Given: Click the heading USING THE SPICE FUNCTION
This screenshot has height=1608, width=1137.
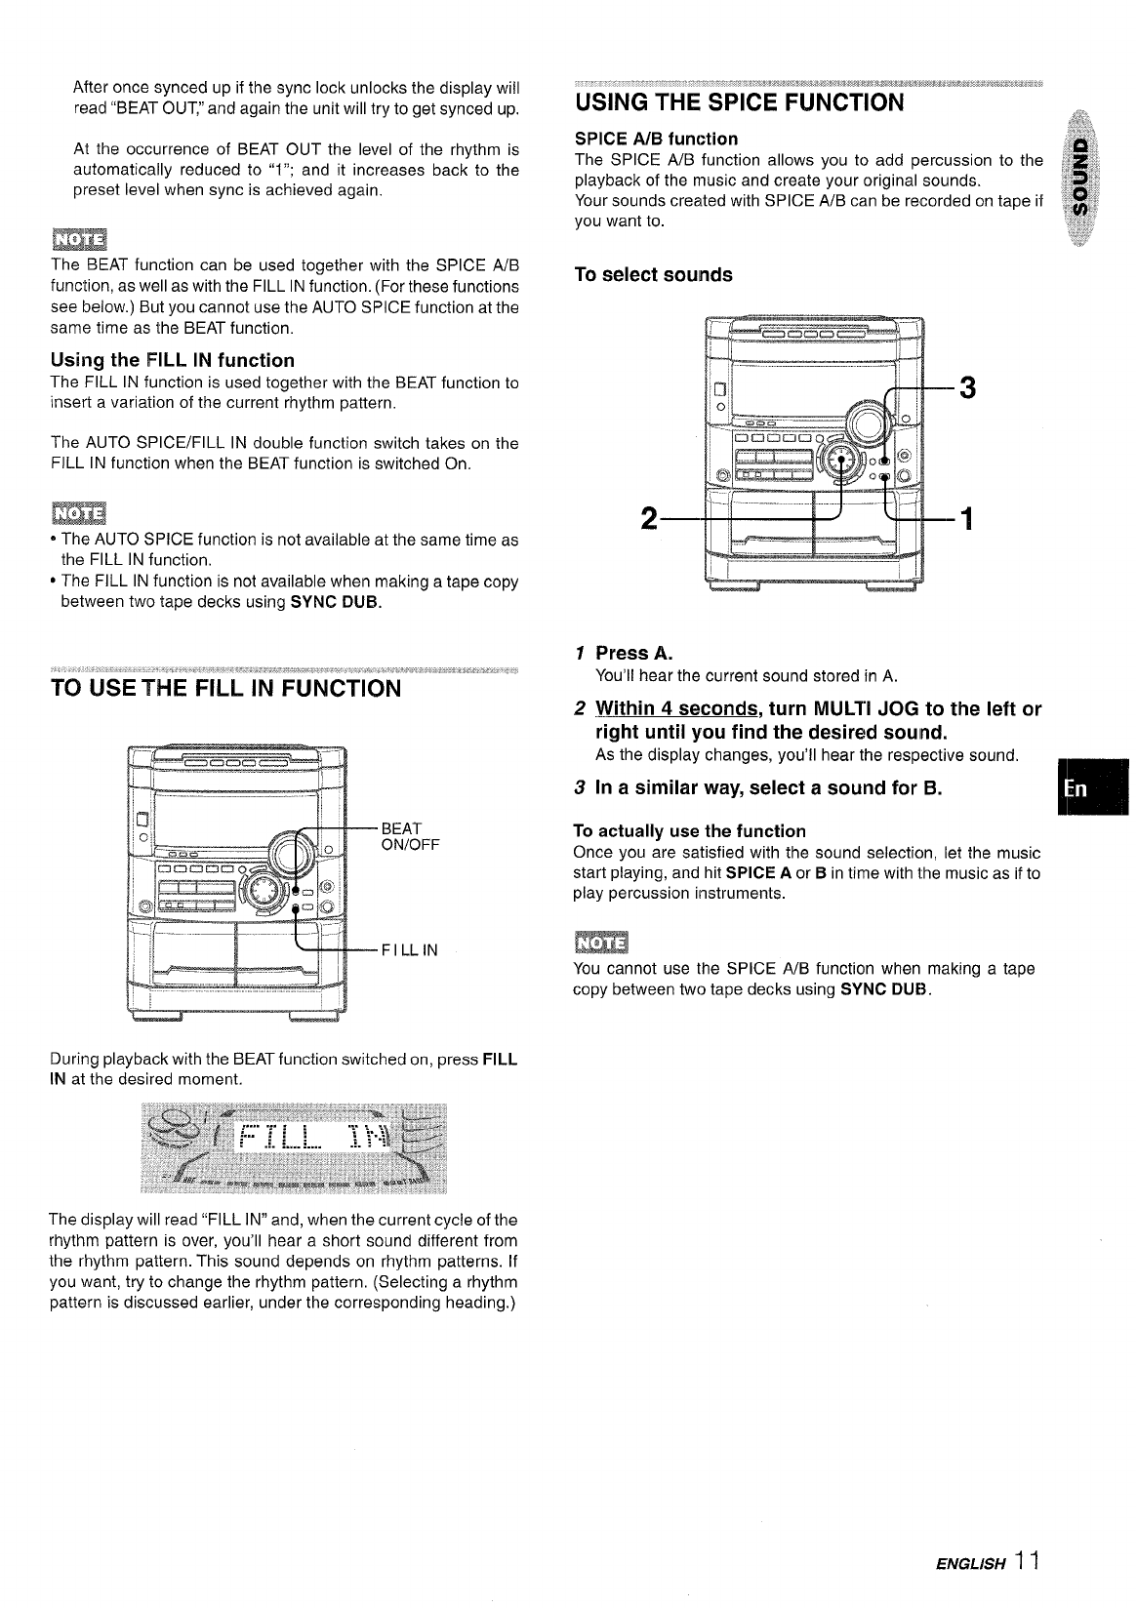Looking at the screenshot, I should pos(740,102).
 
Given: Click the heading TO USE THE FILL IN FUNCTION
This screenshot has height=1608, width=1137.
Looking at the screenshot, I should pos(225,689).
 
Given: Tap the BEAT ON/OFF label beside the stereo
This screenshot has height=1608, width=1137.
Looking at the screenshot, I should pos(410,836).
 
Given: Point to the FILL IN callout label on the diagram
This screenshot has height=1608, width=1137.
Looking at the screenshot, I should pos(409,948).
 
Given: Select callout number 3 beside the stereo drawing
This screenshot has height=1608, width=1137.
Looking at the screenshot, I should pos(967,388).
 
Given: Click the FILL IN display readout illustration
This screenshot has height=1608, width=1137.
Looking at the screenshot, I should pos(294,1147).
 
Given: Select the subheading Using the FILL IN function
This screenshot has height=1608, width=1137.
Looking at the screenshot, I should pos(172,360).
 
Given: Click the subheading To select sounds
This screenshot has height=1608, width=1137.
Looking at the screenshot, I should pos(653,275).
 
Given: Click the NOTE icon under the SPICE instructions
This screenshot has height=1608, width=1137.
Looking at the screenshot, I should pos(601,943).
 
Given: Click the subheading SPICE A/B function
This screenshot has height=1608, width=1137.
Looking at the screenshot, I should pos(656,139).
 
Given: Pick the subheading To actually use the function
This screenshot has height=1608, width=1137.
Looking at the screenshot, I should pos(689,831).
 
